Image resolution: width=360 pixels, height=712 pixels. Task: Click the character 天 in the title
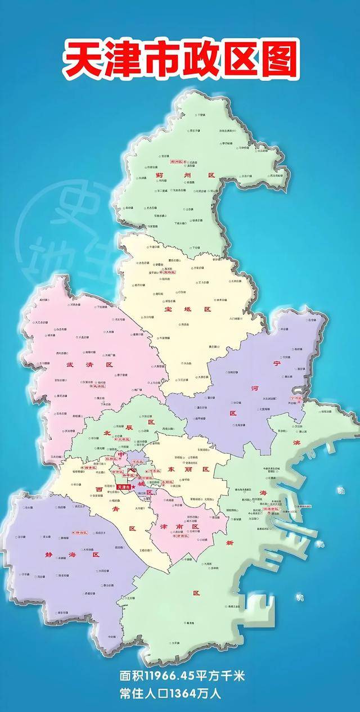pos(80,58)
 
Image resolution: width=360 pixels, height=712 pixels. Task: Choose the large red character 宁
pos(292,363)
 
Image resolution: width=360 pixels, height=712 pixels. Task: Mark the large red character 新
pos(229,543)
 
